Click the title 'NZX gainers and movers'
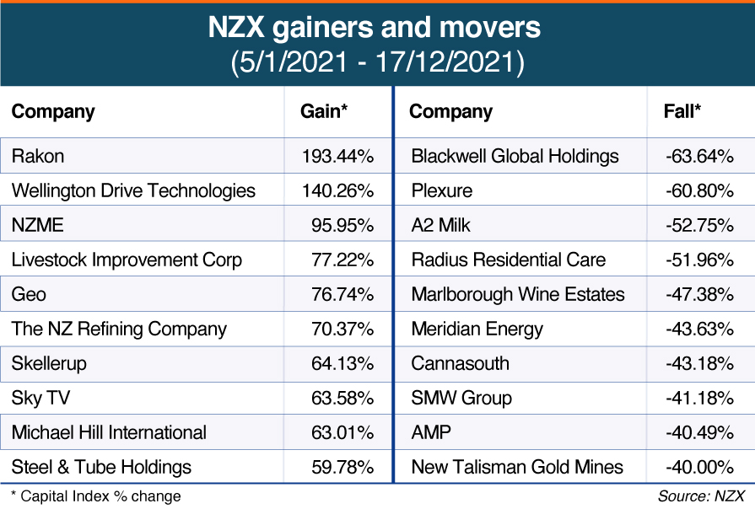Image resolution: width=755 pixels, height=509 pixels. click(375, 28)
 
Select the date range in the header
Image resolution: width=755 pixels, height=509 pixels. click(375, 64)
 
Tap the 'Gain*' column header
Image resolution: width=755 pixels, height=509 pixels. click(325, 111)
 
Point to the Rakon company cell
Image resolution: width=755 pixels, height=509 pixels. click(38, 156)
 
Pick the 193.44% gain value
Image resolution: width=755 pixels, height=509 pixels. click(337, 156)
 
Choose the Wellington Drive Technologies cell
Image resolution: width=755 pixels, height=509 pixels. click(133, 190)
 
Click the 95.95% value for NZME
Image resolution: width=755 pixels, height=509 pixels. click(342, 225)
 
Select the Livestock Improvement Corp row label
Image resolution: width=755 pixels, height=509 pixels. click(127, 260)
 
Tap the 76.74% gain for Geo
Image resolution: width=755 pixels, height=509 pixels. click(342, 294)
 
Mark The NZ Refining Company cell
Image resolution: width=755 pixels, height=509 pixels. click(119, 329)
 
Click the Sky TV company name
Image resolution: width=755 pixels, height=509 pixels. click(40, 398)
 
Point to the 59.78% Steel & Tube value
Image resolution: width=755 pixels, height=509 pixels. click(342, 467)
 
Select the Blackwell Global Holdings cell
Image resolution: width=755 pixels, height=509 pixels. click(515, 156)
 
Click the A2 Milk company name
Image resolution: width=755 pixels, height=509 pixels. click(441, 225)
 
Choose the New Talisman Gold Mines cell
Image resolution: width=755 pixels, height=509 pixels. click(517, 467)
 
